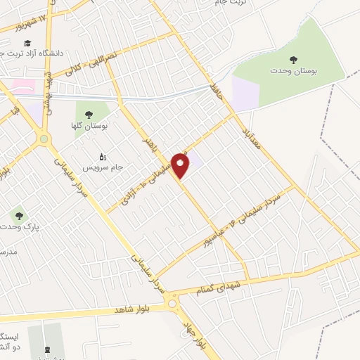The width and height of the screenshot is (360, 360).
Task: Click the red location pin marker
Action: pos(181,166)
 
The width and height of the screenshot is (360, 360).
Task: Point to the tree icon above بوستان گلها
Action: pos(89,113)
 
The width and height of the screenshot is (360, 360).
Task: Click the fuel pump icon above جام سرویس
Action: pos(103,156)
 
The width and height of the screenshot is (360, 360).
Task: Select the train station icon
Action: pos(47,349)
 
